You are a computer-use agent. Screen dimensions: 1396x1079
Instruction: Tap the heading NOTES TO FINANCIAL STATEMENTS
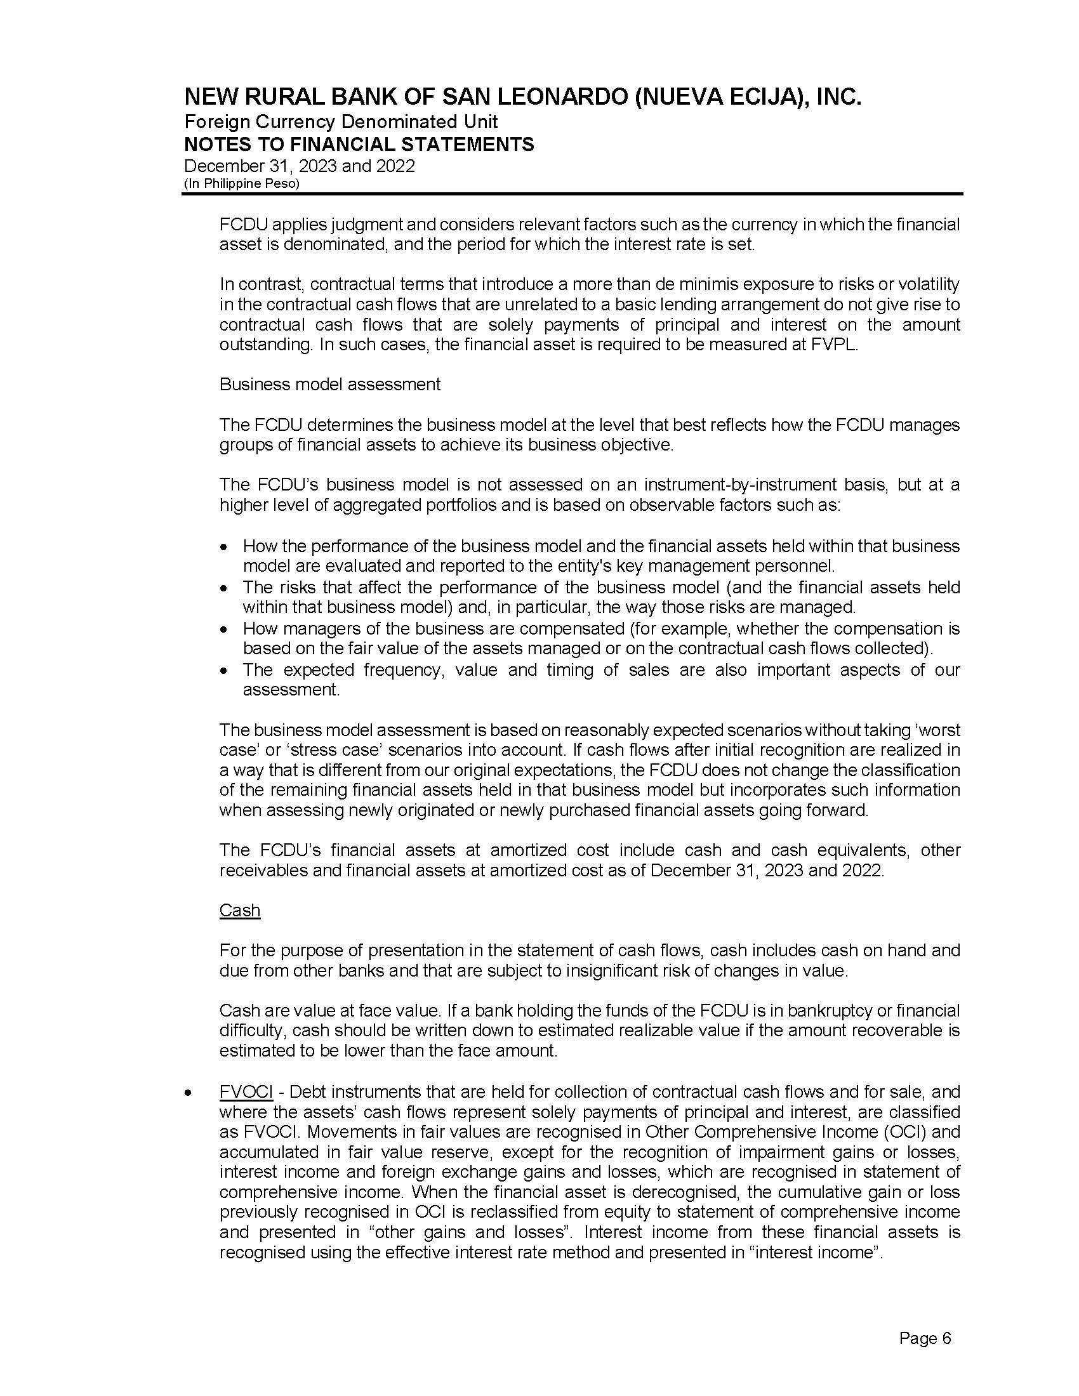click(x=359, y=145)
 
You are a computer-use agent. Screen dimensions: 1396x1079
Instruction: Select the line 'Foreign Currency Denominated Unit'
click(x=341, y=121)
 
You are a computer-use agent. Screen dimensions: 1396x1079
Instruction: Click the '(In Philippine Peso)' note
click(x=242, y=183)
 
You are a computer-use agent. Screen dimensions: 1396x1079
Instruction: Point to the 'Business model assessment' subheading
click(x=330, y=384)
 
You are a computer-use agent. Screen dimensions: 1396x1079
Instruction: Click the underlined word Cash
click(x=240, y=910)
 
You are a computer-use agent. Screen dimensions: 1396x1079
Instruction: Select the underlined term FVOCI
click(x=246, y=1091)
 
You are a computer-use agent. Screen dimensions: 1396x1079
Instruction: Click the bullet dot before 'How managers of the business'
click(x=222, y=629)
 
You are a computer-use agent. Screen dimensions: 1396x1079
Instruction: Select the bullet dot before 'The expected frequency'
click(x=222, y=671)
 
